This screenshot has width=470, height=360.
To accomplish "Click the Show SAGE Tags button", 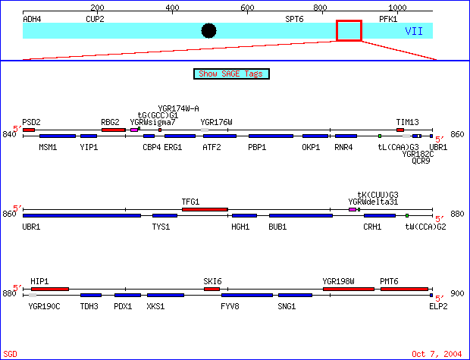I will point(232,74).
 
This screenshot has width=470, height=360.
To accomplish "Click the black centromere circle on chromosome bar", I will point(209,30).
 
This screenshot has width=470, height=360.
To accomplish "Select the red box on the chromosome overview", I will point(349,30).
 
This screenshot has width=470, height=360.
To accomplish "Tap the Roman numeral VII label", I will point(414,31).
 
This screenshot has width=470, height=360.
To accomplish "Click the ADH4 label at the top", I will point(33,18).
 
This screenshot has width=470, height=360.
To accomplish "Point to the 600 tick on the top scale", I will point(247,8).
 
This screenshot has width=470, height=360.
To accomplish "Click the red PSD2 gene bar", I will point(29,130).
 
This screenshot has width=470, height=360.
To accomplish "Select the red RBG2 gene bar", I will point(113,130).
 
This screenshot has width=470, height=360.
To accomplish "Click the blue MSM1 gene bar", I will point(58,136).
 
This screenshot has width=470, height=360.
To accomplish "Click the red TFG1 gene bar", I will point(205,209).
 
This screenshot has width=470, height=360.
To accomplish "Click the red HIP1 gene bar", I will point(49,289).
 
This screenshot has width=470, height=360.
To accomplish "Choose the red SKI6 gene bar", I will point(211,289).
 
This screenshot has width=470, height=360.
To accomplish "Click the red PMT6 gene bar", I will point(404,289).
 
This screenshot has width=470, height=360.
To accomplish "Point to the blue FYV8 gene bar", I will point(247,296).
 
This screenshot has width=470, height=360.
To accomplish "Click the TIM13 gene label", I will point(407,121).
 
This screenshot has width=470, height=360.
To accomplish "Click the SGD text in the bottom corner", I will point(10,354).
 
